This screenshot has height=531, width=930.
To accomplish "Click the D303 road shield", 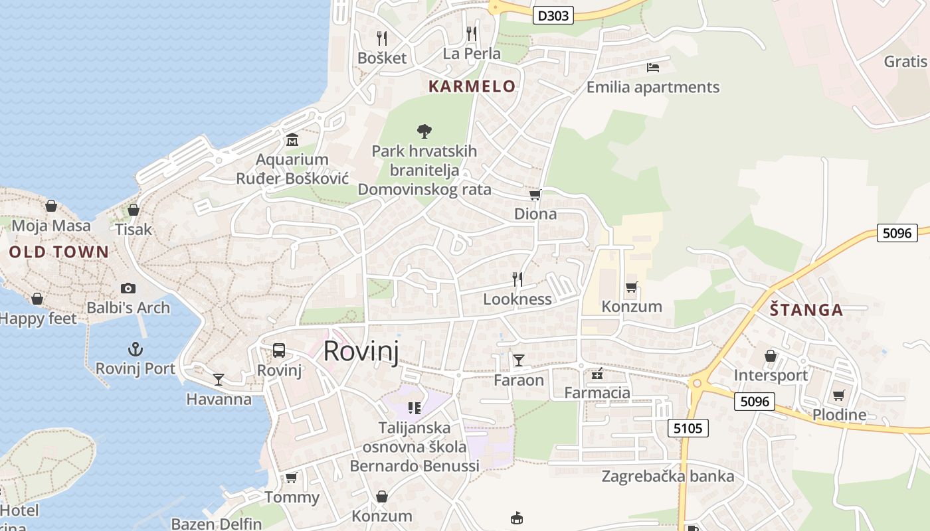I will pos(553,15).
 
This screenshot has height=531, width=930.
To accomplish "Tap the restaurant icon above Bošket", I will pos(381,38).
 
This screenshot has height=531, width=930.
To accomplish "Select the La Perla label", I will pos(472,54).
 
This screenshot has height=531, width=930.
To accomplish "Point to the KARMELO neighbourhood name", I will pos(472,86).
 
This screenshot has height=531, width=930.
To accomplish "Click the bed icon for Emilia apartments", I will pos(652,67).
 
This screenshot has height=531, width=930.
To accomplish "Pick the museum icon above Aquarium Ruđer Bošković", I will pos(292,140).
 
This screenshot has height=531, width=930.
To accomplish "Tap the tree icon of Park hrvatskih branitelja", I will pos(424,131).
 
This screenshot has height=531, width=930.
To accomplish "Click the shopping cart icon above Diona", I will pos(535,195).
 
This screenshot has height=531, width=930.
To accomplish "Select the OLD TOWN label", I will pos(58,252).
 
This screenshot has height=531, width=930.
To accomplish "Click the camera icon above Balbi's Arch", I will pos(128,288).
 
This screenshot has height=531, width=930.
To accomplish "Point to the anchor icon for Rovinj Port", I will pos(136,349).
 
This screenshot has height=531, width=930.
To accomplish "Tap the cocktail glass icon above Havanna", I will pos(219,380).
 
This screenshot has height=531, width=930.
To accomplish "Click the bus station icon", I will pos(279,350).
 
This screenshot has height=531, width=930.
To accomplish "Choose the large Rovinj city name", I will pos(361,352).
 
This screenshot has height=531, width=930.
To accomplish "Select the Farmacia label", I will pos(597,393).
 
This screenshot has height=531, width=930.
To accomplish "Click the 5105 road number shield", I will pos(688,429).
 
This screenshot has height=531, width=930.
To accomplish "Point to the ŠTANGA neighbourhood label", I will pos(806,310).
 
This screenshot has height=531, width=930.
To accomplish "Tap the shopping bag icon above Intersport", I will pos(771,356).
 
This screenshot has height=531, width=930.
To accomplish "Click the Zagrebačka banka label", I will pos(668,477).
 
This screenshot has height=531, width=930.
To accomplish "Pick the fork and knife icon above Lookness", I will pos(517,279).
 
